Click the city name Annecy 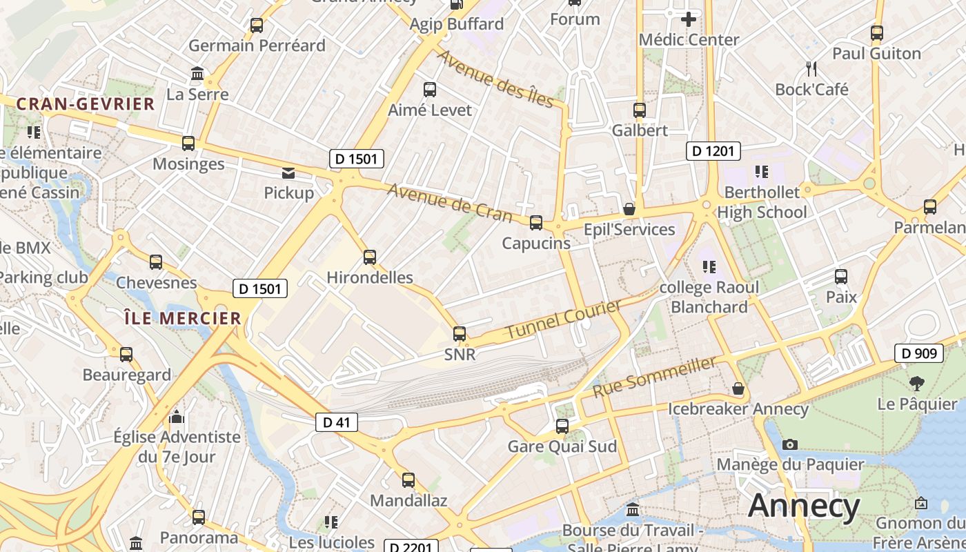(804, 506)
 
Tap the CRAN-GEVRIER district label (86, 104)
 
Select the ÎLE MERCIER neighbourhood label (183, 318)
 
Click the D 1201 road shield (713, 151)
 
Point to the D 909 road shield (919, 353)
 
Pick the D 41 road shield (337, 422)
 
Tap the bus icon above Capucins (536, 223)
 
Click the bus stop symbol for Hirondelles (370, 257)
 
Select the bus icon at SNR (460, 334)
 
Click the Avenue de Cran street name (450, 203)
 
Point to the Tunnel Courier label (563, 319)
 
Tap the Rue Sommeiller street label (654, 377)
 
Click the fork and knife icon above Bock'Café (811, 69)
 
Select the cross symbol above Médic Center (688, 19)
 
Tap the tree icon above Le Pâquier (917, 383)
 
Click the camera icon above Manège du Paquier (790, 444)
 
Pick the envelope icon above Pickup (288, 172)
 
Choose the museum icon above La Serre (198, 73)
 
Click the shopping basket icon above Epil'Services (629, 208)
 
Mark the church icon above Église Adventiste (177, 417)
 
